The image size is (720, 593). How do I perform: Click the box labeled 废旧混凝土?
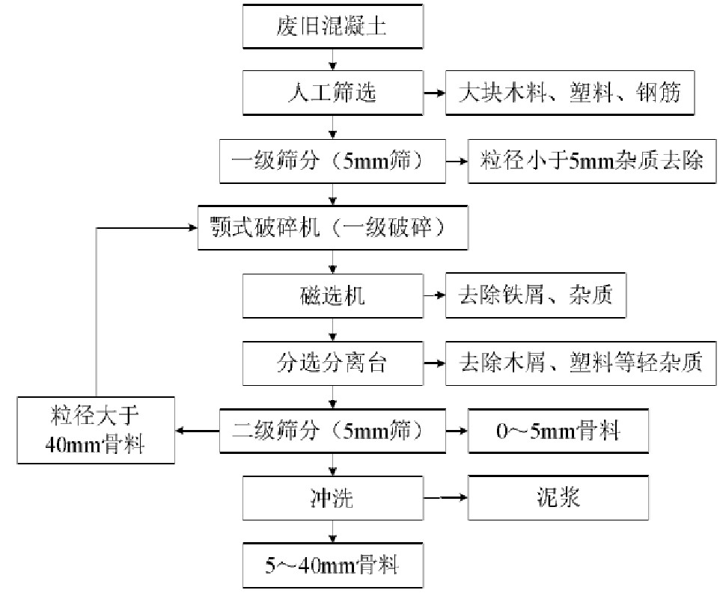pyautogui.click(x=333, y=26)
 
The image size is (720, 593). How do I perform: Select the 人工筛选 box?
pyautogui.click(x=333, y=93)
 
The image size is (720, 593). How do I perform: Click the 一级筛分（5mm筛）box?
pyautogui.click(x=333, y=160)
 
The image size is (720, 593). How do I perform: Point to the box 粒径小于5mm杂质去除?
pyautogui.click(x=587, y=160)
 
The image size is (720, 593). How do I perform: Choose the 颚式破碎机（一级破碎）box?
pyautogui.click(x=333, y=227)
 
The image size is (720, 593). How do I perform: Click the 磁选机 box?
pyautogui.click(x=333, y=295)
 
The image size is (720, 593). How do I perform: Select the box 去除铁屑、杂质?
pyautogui.click(x=535, y=295)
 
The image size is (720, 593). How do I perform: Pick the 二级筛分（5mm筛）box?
pyautogui.click(x=333, y=430)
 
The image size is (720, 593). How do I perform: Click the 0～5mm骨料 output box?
pyautogui.click(x=558, y=430)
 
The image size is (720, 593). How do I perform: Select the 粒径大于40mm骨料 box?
pyautogui.click(x=95, y=430)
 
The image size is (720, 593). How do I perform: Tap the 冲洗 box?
pyautogui.click(x=333, y=497)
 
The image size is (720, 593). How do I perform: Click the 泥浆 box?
pyautogui.click(x=558, y=497)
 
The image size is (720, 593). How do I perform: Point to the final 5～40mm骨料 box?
pyautogui.click(x=333, y=565)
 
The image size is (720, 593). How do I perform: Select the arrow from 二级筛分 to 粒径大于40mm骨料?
pyautogui.click(x=197, y=430)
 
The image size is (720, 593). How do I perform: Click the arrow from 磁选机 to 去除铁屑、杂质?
pyautogui.click(x=434, y=295)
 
